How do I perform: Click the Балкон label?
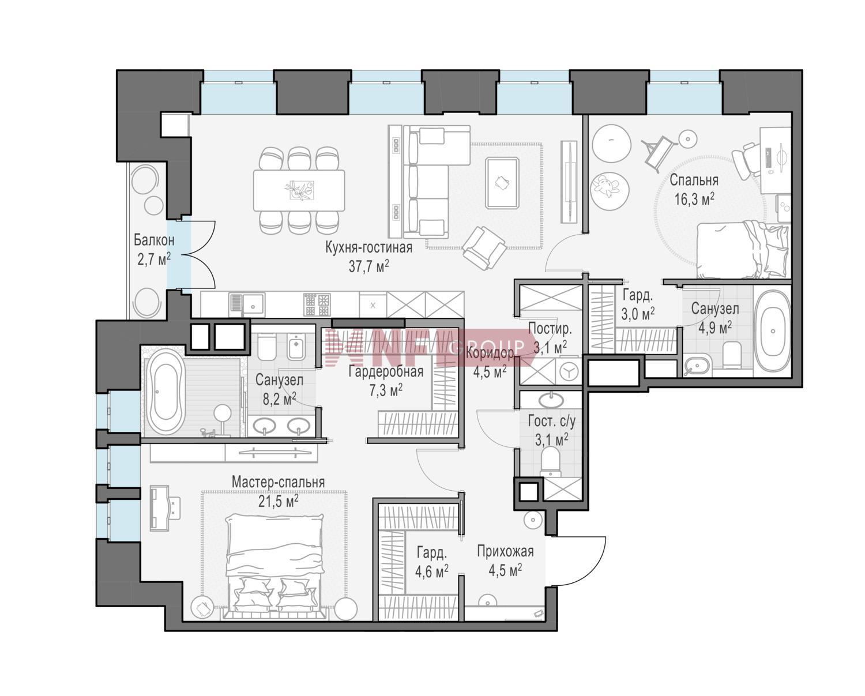pyautogui.click(x=154, y=240)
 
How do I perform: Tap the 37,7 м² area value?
pyautogui.click(x=368, y=266)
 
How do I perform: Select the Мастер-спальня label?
pyautogui.click(x=278, y=481)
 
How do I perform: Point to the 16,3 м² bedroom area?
pyautogui.click(x=694, y=198)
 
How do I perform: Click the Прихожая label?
pyautogui.click(x=505, y=551)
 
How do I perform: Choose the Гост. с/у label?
pyautogui.click(x=551, y=421)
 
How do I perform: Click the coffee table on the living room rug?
pyautogui.click(x=502, y=183)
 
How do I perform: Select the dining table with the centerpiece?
pyautogui.click(x=299, y=190)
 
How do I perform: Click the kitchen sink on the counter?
pyautogui.click(x=247, y=305)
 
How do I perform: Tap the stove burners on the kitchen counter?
pyautogui.click(x=317, y=305)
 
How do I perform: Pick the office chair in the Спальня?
pyautogui.click(x=746, y=161)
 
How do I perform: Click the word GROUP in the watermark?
pyautogui.click(x=487, y=346)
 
